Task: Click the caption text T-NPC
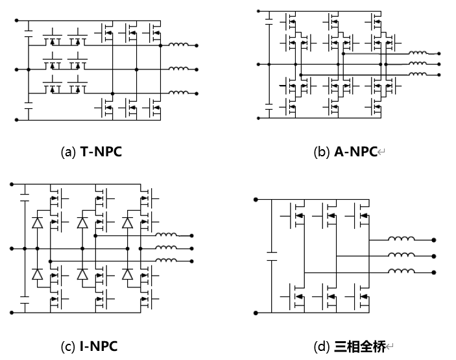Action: pos(101,152)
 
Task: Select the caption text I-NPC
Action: pos(99,346)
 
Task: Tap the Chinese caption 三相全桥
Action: pos(359,346)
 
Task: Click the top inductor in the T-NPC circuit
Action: pos(178,45)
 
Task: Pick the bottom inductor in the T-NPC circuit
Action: pos(178,93)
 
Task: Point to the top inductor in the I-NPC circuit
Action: pos(167,235)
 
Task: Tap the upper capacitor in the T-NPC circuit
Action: pos(29,29)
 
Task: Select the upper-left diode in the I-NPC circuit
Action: pos(36,223)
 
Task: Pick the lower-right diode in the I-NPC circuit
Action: pos(128,274)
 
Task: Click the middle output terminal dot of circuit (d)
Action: pos(433,256)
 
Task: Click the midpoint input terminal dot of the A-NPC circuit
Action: pos(259,64)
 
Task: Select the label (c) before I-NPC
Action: pos(68,346)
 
